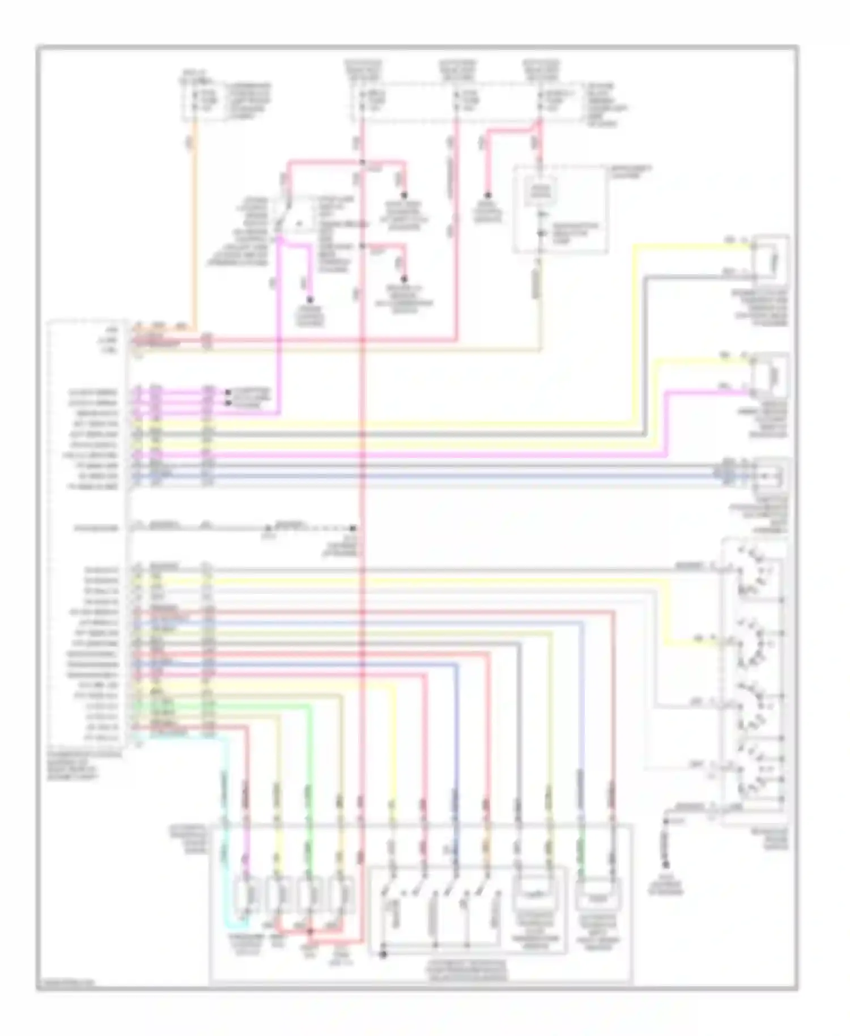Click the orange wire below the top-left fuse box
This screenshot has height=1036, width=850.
(x=195, y=227)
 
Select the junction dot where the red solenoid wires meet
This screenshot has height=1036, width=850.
(x=310, y=931)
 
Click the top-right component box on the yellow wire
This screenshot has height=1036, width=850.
(x=771, y=258)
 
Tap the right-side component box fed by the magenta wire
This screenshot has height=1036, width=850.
(x=770, y=374)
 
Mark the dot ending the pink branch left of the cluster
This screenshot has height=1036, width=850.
(x=487, y=196)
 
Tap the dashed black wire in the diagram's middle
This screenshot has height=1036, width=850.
(x=317, y=528)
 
